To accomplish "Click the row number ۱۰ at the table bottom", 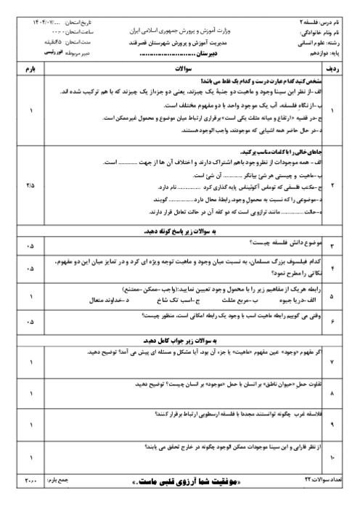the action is click(x=333, y=458).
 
